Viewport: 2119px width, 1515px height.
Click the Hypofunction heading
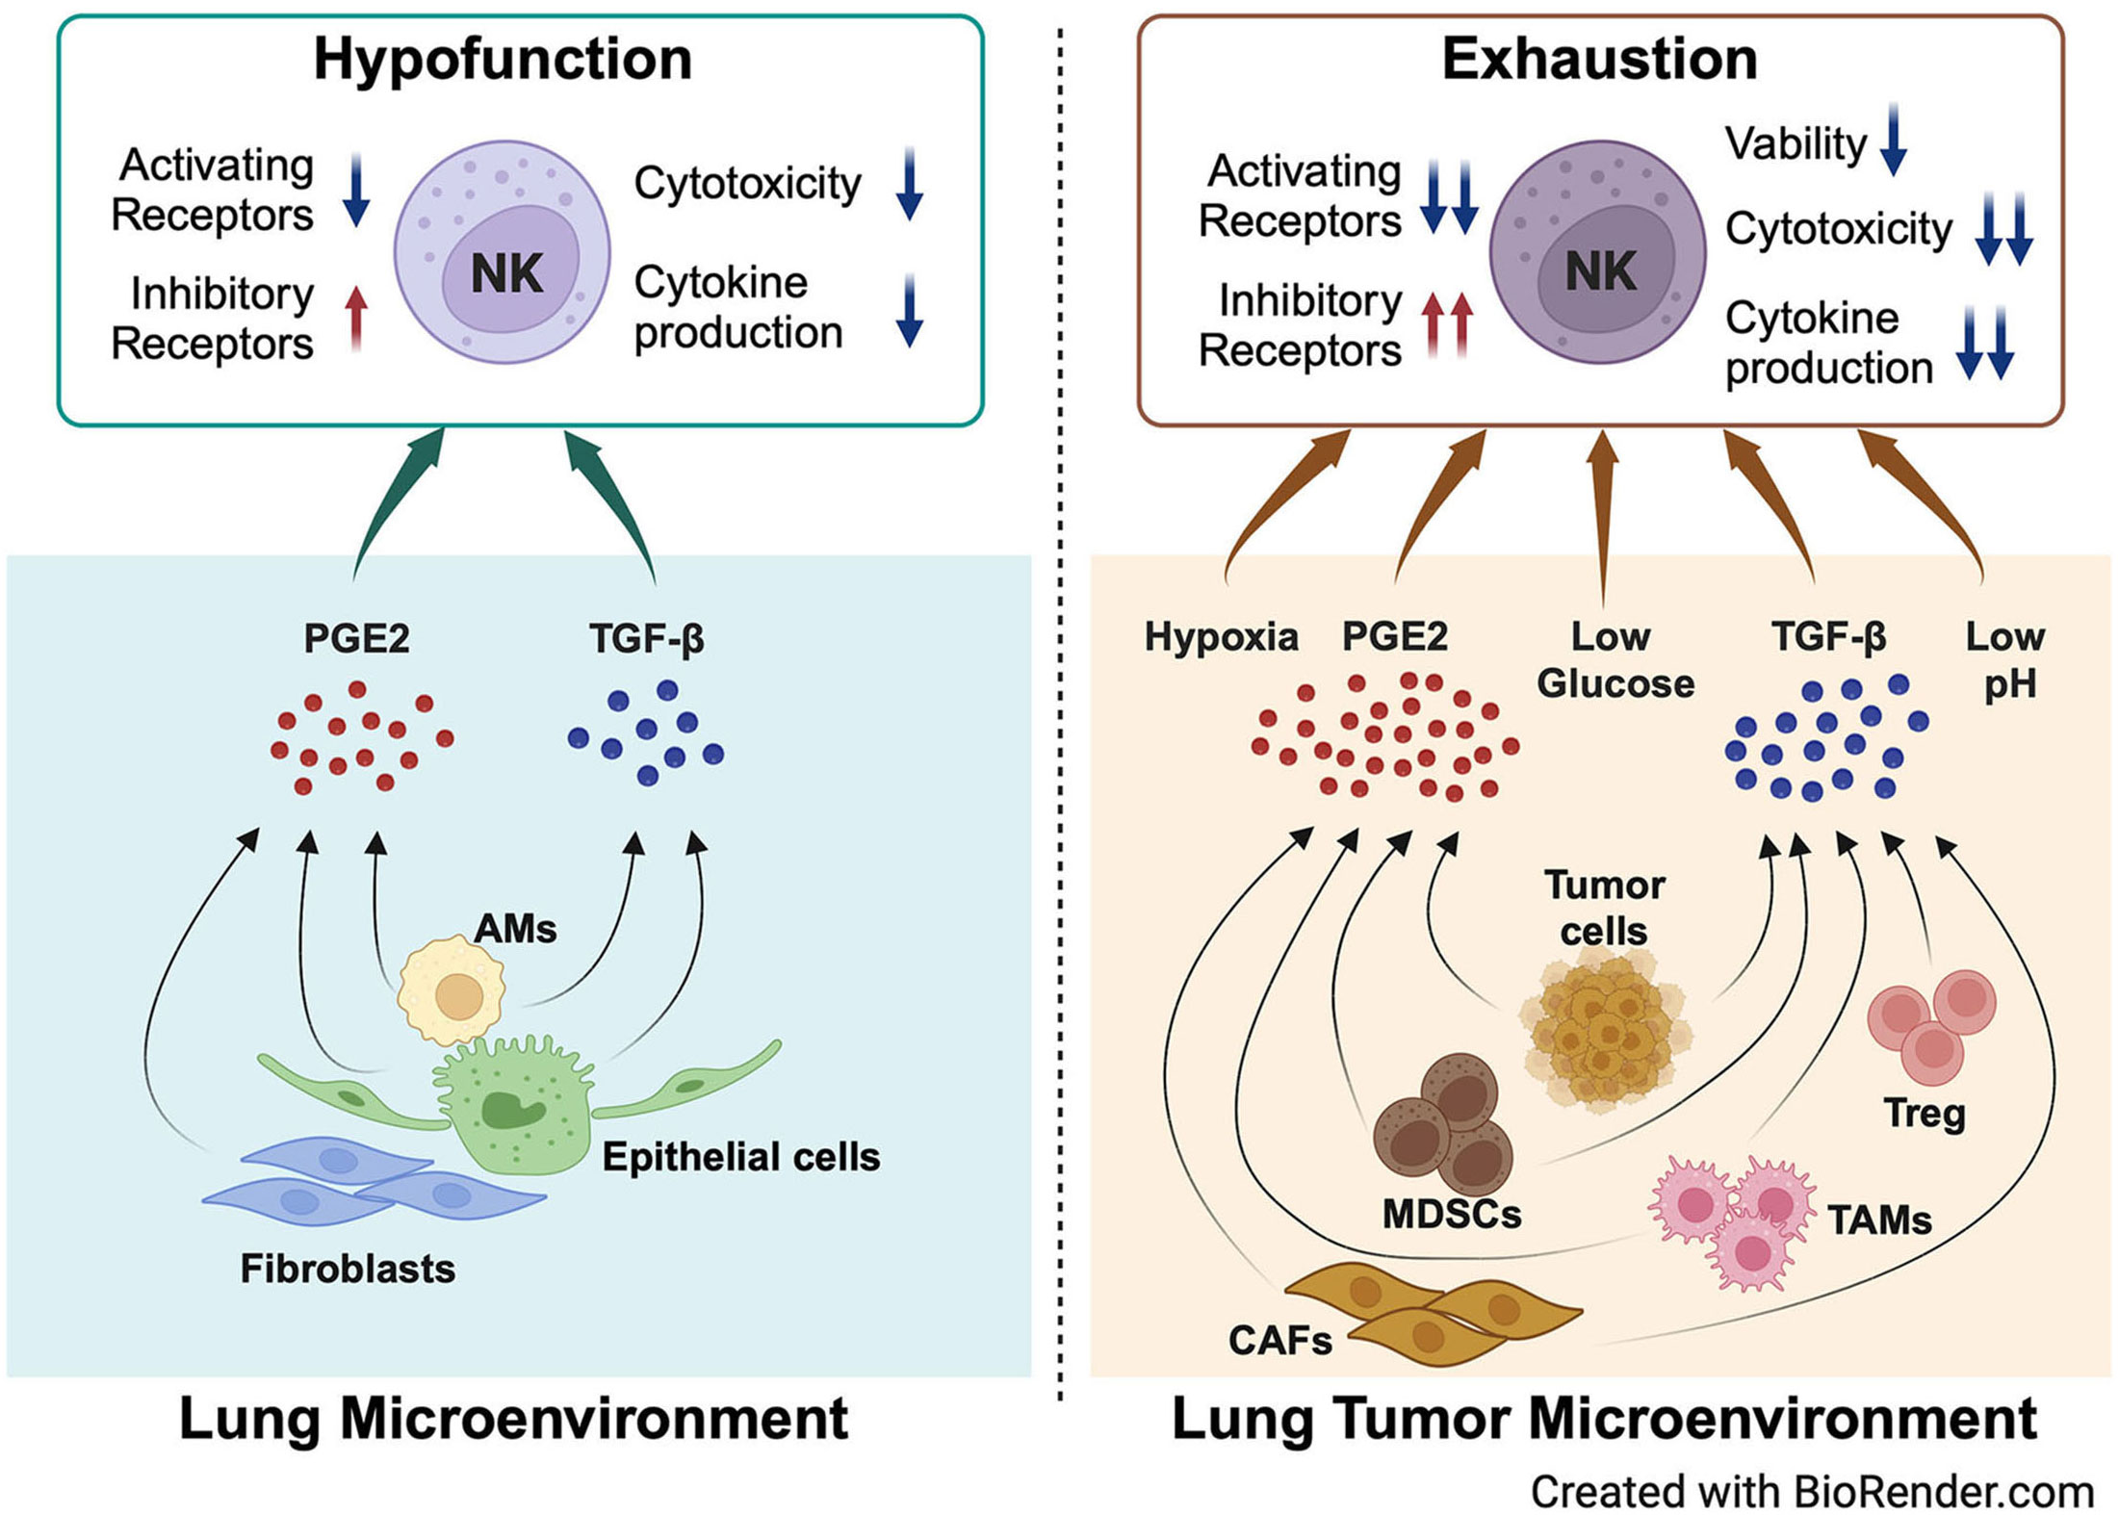(503, 60)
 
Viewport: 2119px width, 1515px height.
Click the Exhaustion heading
(1599, 60)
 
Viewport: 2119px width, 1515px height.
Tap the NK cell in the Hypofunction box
(503, 252)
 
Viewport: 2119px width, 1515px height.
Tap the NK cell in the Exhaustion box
(1597, 252)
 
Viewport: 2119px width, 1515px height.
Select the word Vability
(1796, 144)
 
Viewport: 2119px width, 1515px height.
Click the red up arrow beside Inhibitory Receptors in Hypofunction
(356, 317)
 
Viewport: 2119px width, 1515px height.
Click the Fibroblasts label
(348, 1269)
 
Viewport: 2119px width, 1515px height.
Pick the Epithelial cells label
(740, 1157)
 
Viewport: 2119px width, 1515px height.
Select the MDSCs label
(1452, 1215)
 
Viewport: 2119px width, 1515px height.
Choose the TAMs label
(1879, 1220)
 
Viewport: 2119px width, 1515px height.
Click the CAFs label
(1279, 1340)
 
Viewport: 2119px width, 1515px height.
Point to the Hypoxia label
(1221, 637)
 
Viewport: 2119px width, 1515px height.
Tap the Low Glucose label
(1615, 660)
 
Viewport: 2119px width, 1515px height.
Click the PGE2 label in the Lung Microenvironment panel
(356, 638)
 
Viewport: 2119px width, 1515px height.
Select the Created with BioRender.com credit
(1812, 1492)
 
